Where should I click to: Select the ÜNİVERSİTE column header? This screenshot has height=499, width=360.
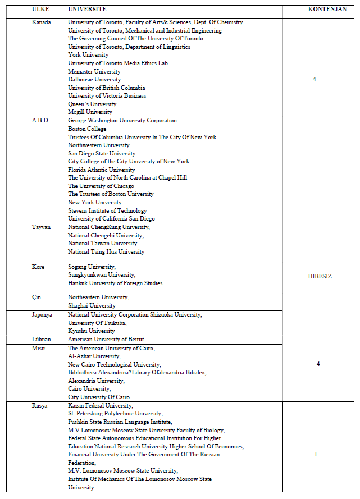tap(86, 10)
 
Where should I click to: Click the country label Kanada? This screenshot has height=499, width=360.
tap(42, 22)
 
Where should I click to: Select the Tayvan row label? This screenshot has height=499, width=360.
tap(41, 227)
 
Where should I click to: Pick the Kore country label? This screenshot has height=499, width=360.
tap(38, 267)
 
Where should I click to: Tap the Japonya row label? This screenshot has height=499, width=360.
tap(42, 315)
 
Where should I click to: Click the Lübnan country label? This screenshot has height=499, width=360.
tap(41, 340)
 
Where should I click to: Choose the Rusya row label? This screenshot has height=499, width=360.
tap(40, 405)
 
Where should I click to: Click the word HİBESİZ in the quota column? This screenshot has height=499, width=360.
tap(320, 276)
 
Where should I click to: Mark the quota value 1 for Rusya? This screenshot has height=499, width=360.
tap(316, 454)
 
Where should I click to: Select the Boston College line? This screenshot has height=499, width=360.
tap(87, 129)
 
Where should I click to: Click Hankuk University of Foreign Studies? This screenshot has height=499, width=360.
tap(115, 283)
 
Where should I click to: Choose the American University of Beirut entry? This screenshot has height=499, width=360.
tap(106, 340)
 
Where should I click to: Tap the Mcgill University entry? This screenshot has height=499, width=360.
tap(90, 112)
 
